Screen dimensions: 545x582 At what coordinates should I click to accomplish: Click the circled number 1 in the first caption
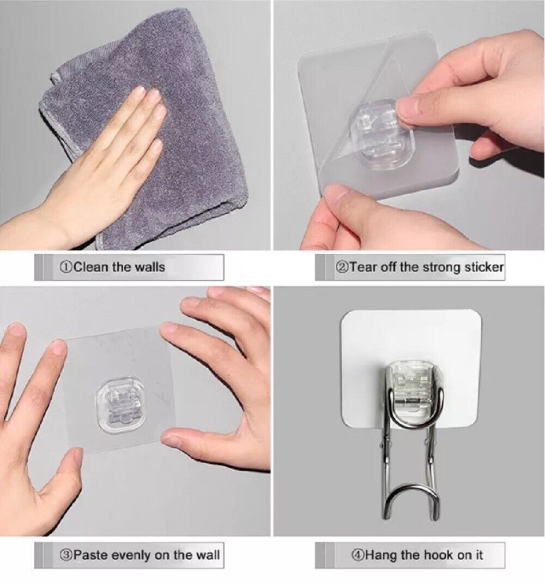(x=65, y=267)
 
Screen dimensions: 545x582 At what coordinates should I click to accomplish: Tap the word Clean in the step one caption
(x=90, y=267)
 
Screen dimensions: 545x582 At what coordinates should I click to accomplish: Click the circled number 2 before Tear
(x=342, y=267)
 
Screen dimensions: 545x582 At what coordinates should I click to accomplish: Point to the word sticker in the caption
(x=484, y=267)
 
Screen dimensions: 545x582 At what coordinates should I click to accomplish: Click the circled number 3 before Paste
(x=65, y=555)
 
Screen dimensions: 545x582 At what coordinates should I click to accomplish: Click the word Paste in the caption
(x=90, y=555)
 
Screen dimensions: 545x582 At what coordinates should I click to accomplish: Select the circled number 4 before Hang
(x=358, y=555)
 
